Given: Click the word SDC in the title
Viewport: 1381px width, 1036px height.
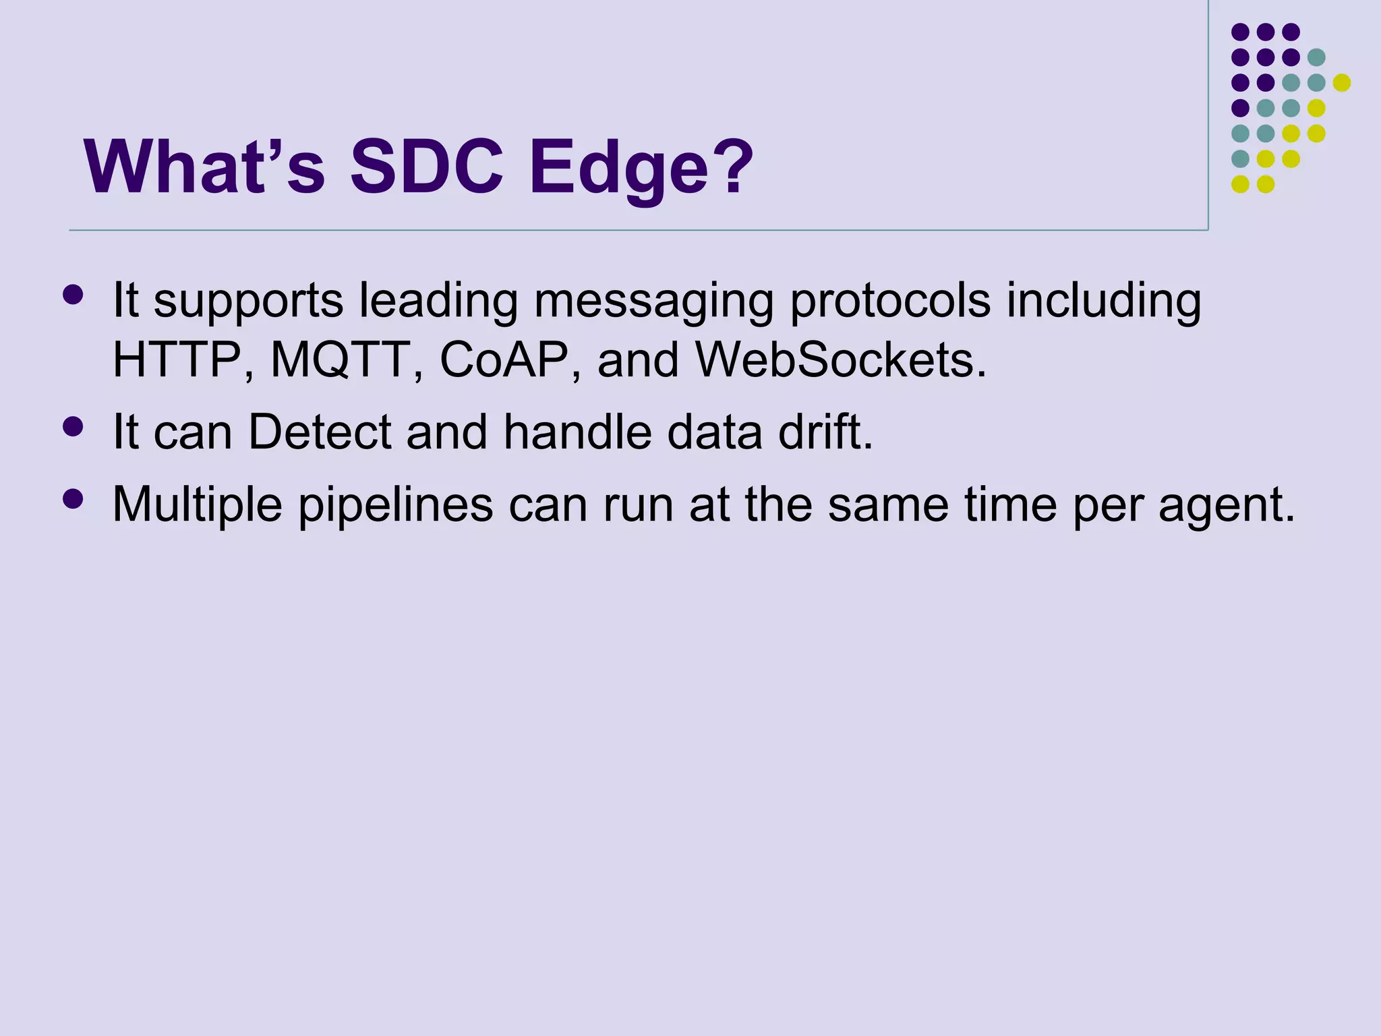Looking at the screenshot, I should pos(426,167).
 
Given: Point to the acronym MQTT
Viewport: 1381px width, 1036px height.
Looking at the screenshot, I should pos(341,359).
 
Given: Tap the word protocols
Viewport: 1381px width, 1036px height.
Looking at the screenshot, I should pos(890,301).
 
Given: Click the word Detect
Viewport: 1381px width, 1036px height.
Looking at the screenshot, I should pos(320,432).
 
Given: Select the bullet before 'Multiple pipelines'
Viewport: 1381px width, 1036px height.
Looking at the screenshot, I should pos(72,498).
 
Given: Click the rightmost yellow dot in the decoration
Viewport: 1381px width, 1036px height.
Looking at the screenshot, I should pos(1341,83).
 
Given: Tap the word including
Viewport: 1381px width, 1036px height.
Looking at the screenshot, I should pos(1104,301).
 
